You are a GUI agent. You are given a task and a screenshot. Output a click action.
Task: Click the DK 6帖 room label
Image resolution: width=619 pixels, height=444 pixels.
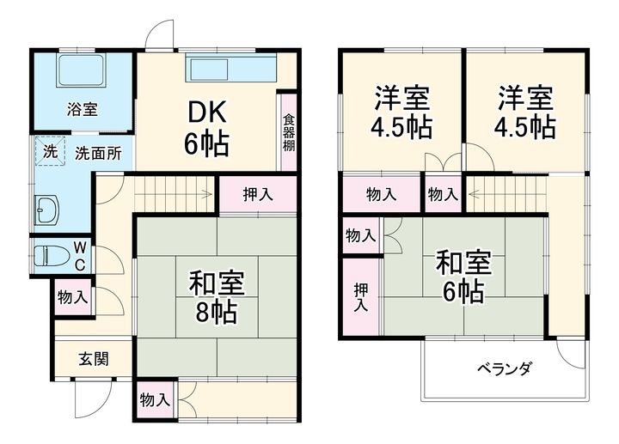coord(206,127)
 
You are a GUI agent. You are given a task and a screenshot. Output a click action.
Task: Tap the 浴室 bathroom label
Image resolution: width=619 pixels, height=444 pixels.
coord(83,109)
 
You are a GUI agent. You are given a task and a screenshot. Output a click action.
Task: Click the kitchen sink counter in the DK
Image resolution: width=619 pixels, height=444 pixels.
coord(231,69)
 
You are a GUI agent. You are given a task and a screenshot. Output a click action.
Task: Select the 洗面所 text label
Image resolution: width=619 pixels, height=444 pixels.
coord(97,155)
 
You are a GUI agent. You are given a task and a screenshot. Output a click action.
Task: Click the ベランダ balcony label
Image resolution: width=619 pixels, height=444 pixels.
coord(505,369)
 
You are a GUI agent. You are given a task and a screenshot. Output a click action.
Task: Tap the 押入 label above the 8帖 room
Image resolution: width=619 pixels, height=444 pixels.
coord(257,194)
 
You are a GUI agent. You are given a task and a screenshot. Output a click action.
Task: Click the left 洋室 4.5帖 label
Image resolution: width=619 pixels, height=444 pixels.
coord(401,112)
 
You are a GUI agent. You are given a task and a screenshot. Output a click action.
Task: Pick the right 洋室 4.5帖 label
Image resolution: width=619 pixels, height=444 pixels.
coord(523,112)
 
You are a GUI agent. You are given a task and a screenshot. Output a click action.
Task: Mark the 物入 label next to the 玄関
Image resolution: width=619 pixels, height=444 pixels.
coord(73,297)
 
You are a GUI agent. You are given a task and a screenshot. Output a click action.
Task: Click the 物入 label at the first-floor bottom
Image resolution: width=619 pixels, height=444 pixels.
coord(155,400)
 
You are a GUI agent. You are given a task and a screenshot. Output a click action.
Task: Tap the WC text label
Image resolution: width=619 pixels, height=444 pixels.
coord(78,255)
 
